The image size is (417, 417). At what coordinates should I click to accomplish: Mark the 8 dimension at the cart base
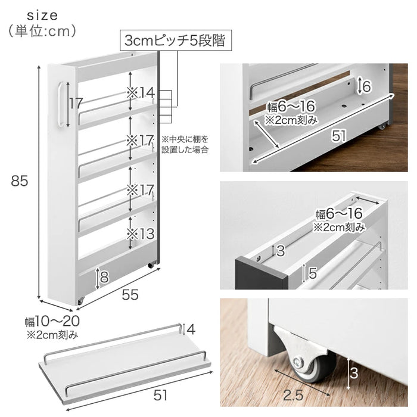[104, 276]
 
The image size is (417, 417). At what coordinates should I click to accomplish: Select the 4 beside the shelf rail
[190, 328]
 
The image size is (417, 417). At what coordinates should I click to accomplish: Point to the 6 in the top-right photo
[366, 86]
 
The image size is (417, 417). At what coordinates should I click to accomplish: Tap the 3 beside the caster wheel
[353, 374]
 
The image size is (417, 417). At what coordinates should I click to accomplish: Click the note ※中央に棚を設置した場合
[185, 144]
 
